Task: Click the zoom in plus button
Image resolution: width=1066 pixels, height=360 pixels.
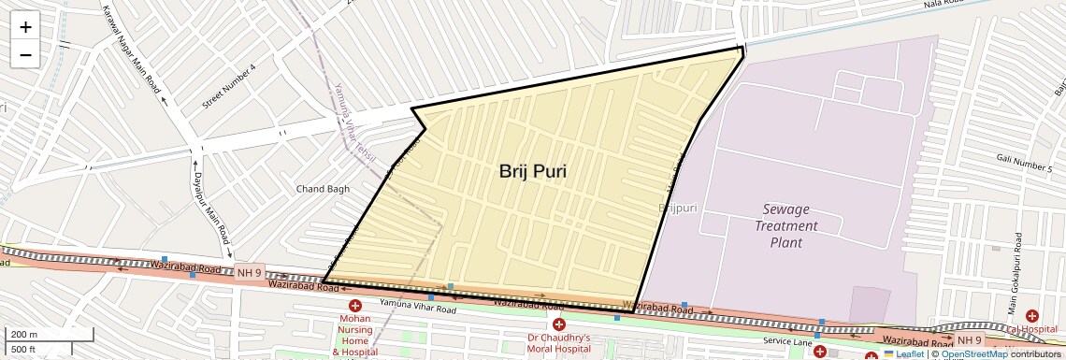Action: pos(25,27)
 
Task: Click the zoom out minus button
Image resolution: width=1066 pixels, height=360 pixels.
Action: pos(25,54)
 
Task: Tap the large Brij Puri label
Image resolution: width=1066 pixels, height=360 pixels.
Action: pos(533,171)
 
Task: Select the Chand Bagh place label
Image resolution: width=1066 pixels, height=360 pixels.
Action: pos(323,189)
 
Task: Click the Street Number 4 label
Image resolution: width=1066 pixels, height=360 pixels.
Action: pos(228,88)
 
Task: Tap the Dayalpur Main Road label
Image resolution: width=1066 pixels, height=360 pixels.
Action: pos(210,202)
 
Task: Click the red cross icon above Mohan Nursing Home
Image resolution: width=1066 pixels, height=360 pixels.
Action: pos(355,306)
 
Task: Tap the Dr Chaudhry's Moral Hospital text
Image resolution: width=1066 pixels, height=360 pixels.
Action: pos(558,342)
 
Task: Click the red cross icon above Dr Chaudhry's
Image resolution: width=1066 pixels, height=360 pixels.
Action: pos(558,324)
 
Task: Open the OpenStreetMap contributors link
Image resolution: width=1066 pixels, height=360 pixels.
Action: pos(973,353)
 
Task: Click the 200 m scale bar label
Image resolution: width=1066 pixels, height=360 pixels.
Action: pos(24,335)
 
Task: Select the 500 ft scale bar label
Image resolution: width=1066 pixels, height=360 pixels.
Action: pos(23,349)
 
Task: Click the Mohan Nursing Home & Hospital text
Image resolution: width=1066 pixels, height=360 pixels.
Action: pos(355,335)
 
